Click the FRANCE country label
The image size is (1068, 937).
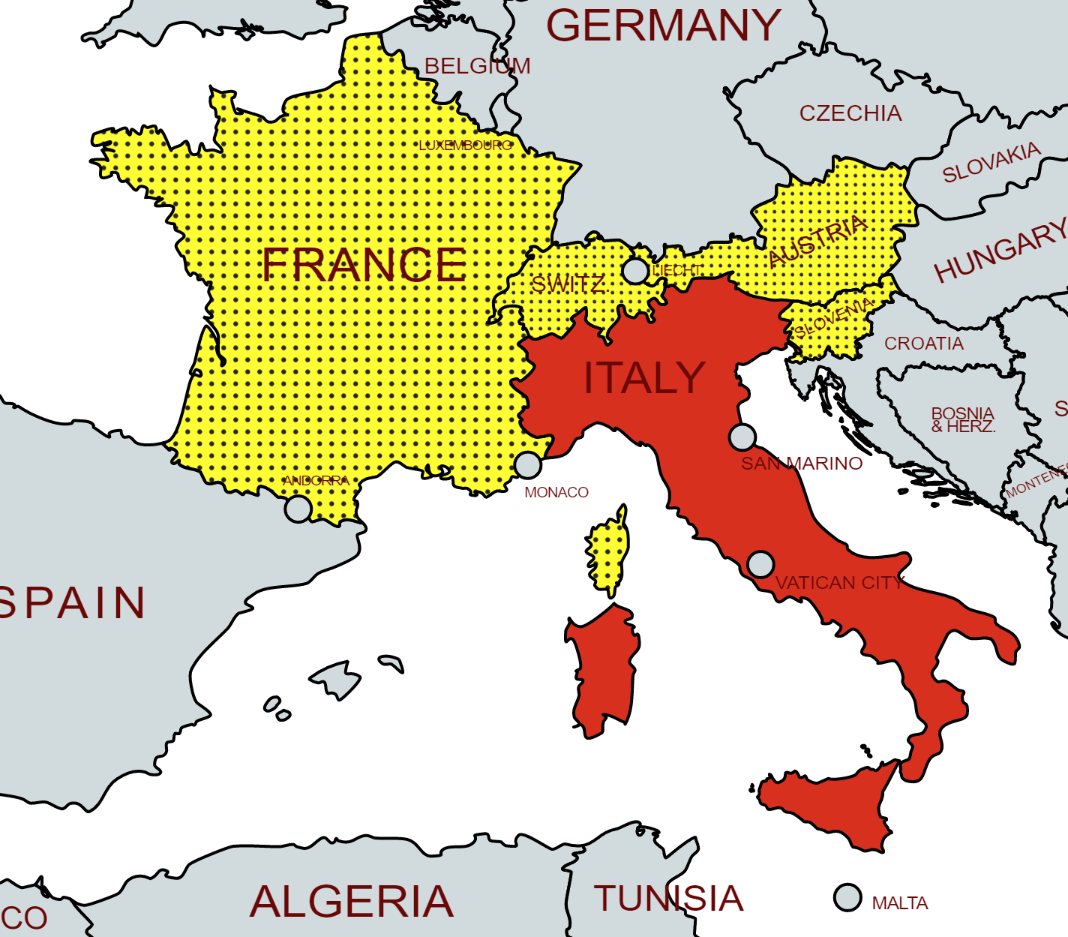point(364,264)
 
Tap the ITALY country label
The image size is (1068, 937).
point(644,377)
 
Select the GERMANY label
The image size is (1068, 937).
point(664,26)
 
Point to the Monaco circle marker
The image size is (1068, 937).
point(528,464)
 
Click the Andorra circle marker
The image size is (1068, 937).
point(298,509)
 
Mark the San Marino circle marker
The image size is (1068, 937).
point(742,437)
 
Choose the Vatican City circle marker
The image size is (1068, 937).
point(760,564)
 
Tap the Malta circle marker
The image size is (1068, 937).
point(847,897)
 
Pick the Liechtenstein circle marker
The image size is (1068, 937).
point(635,271)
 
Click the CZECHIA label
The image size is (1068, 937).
point(850,113)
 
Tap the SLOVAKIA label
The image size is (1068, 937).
point(991,162)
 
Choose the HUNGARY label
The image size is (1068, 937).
point(1000,251)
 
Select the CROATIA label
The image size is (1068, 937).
point(924,344)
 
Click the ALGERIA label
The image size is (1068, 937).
point(352,901)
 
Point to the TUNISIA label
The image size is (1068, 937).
point(668,899)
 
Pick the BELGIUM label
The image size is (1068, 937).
point(477,66)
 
